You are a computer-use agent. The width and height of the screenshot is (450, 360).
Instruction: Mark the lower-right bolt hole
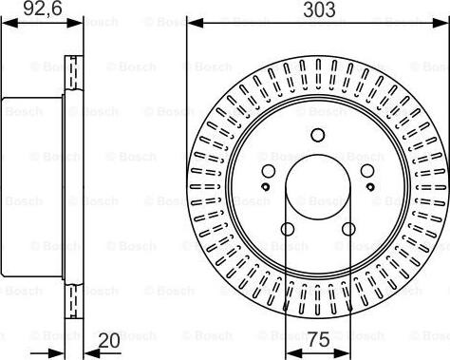pyautogui.click(x=348, y=228)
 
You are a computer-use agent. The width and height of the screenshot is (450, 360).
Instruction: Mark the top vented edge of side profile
pyautogui.click(x=73, y=76)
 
